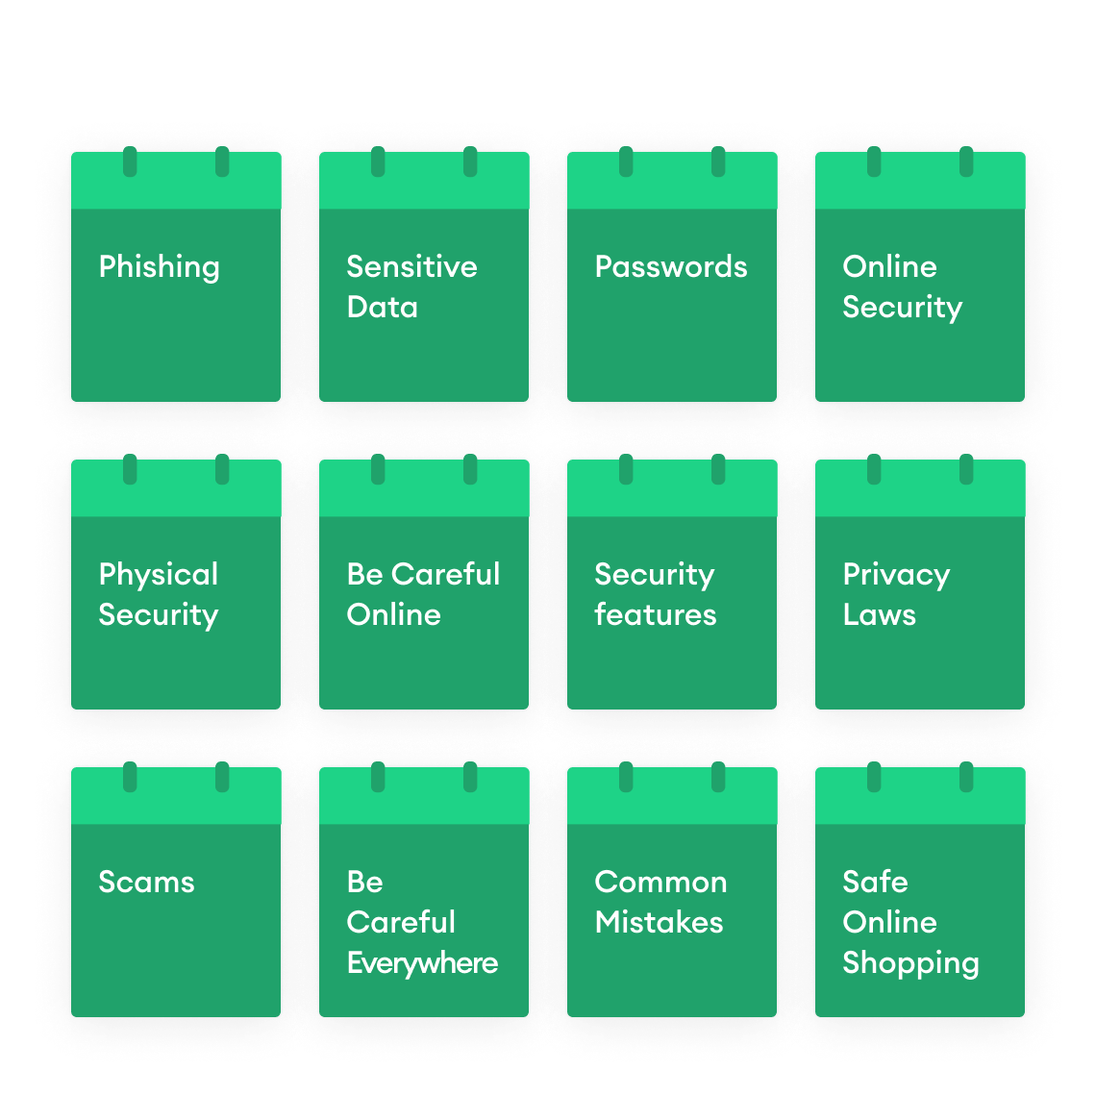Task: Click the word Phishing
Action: pos(159,267)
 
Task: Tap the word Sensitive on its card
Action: pos(411,266)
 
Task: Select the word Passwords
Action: pos(671,266)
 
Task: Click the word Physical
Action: pos(159,575)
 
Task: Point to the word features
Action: pos(656,614)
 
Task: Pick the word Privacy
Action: pos(896,575)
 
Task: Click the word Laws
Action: pos(879,614)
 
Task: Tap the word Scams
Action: pos(146,882)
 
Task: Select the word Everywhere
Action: pos(422,962)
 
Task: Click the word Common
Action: pos(660,882)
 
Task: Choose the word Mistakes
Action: pos(659,922)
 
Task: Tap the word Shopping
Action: pos(910,963)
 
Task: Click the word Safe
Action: pos(875,882)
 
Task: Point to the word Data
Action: pos(382,307)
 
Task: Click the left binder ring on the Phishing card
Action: pos(130,162)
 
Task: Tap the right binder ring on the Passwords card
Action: pos(718,162)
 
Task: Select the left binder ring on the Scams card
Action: pos(130,777)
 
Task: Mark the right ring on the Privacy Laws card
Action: pos(966,469)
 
